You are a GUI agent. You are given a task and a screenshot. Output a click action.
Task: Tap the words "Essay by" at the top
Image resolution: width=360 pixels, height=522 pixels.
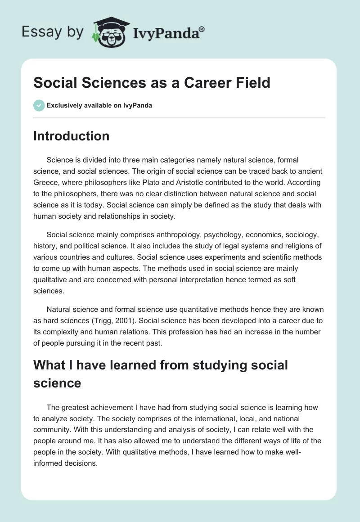click(x=53, y=31)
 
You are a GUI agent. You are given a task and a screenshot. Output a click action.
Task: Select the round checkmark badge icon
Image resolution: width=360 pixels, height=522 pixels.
click(x=39, y=105)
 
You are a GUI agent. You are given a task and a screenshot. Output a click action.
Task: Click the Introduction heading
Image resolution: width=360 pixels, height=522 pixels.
click(x=71, y=136)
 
